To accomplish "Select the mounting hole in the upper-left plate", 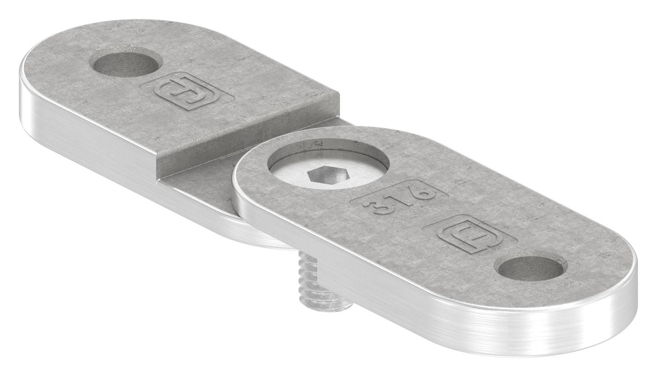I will (127, 64).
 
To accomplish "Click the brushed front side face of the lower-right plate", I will (410, 298).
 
